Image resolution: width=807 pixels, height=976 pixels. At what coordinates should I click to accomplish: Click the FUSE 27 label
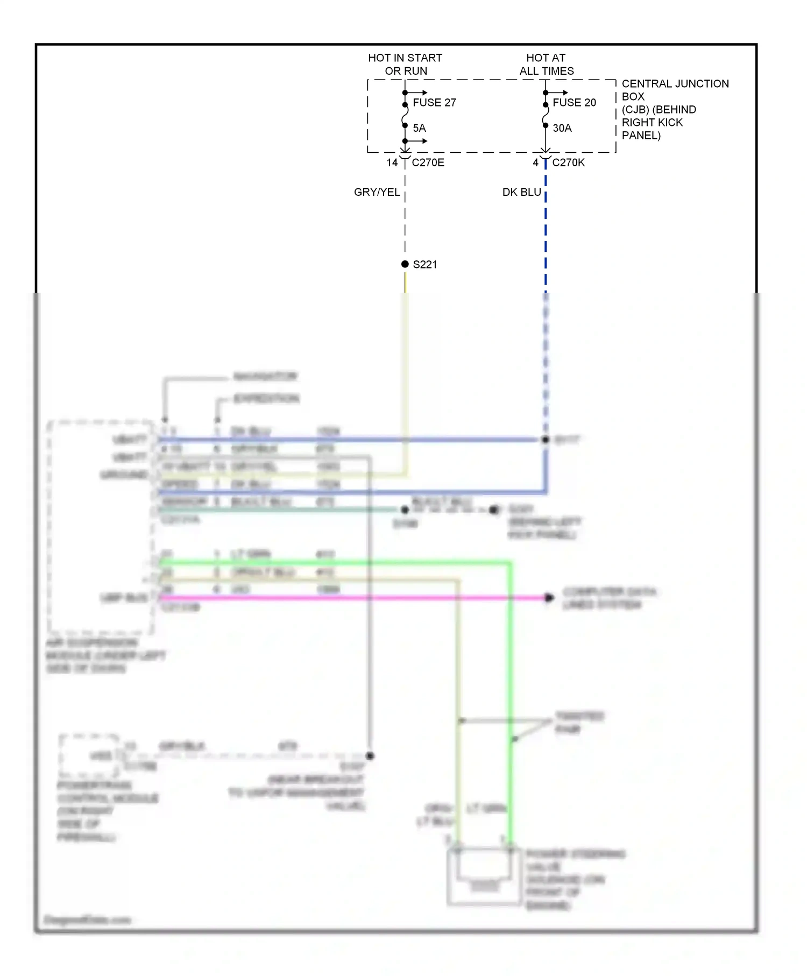pyautogui.click(x=434, y=102)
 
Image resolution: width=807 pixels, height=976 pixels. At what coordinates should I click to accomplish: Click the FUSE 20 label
pyautogui.click(x=574, y=102)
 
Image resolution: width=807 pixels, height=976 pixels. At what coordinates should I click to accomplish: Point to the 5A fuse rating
pyautogui.click(x=419, y=128)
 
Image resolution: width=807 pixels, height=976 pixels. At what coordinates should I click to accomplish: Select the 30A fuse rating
pyautogui.click(x=562, y=128)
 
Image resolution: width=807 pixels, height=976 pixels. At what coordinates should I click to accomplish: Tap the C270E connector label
pyautogui.click(x=428, y=162)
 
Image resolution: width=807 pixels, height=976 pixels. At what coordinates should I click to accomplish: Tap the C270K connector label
pyautogui.click(x=568, y=162)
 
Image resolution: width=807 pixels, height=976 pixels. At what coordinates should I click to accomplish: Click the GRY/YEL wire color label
pyautogui.click(x=377, y=192)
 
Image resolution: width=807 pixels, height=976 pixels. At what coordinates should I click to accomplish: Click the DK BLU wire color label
pyautogui.click(x=521, y=192)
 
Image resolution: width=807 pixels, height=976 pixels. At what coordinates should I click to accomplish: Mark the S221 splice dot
pyautogui.click(x=405, y=264)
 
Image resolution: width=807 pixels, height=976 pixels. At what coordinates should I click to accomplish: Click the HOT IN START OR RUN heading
pyautogui.click(x=405, y=64)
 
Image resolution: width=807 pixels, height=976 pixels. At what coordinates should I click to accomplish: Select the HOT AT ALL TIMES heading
pyautogui.click(x=546, y=64)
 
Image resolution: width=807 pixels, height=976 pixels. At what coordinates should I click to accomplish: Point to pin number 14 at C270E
pyautogui.click(x=392, y=162)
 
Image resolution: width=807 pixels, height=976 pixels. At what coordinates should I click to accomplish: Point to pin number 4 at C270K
pyautogui.click(x=535, y=162)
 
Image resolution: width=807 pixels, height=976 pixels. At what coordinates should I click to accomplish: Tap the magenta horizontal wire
pyautogui.click(x=350, y=598)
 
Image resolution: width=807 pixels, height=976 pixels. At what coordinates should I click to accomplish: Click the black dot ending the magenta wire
pyautogui.click(x=549, y=598)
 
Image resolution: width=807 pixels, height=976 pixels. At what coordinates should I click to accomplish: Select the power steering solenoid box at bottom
pyautogui.click(x=483, y=877)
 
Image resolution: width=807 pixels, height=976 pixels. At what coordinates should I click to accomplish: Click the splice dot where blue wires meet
pyautogui.click(x=545, y=440)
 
